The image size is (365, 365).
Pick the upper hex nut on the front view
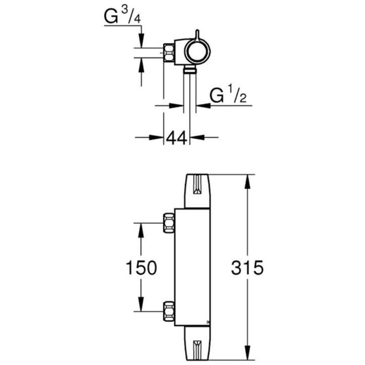coord(168,223)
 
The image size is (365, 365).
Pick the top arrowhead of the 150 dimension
coord(141,227)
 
